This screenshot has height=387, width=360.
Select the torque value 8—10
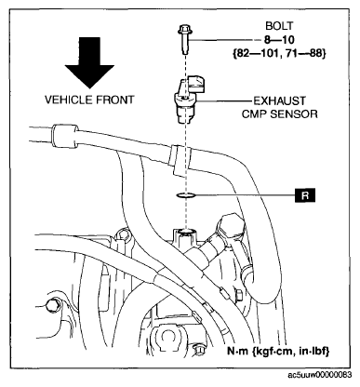[279, 40]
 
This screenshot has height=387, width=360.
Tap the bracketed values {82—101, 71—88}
[279, 54]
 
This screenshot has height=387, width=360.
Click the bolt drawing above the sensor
[185, 40]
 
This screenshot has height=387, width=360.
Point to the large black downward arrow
[89, 63]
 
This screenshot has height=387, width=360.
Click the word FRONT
[114, 100]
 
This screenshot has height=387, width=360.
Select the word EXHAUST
[279, 101]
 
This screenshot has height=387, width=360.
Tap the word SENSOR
[294, 114]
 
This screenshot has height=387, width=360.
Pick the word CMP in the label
[255, 114]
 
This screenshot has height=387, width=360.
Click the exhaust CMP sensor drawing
[188, 100]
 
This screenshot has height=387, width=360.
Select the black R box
[305, 195]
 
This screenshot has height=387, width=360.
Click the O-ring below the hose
[185, 195]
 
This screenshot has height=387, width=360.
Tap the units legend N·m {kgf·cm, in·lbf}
[278, 351]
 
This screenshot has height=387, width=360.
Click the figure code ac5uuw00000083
[320, 375]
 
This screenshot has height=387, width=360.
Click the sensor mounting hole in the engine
[185, 232]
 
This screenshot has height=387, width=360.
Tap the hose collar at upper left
[64, 136]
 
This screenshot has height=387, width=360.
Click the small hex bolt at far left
[52, 305]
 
